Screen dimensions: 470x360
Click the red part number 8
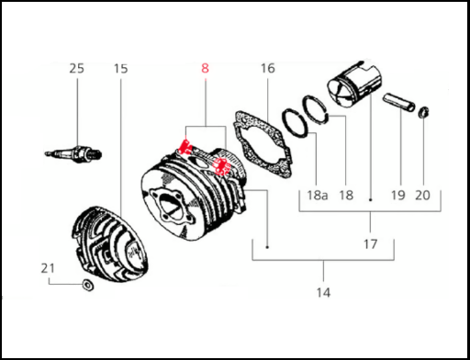pos(205,68)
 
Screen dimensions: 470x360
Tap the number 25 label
pos(76,69)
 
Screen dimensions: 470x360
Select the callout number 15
pos(120,69)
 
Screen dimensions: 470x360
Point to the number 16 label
pos(268,68)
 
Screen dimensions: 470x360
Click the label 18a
pos(318,195)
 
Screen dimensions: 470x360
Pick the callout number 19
pos(398,195)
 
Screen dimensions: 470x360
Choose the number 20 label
pos(422,195)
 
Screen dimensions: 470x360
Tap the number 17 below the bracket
pos(370,244)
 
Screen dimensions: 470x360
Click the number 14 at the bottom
pos(323,293)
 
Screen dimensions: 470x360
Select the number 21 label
pos(48,268)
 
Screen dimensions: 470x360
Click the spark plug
pos(73,153)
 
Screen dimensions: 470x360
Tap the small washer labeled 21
pos(88,285)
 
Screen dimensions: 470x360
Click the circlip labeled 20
pos(424,112)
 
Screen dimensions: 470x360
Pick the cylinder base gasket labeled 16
pos(263,144)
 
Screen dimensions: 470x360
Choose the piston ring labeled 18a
pos(295,124)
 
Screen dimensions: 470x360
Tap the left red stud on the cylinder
pos(185,147)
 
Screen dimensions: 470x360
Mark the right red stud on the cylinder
pos(222,166)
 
